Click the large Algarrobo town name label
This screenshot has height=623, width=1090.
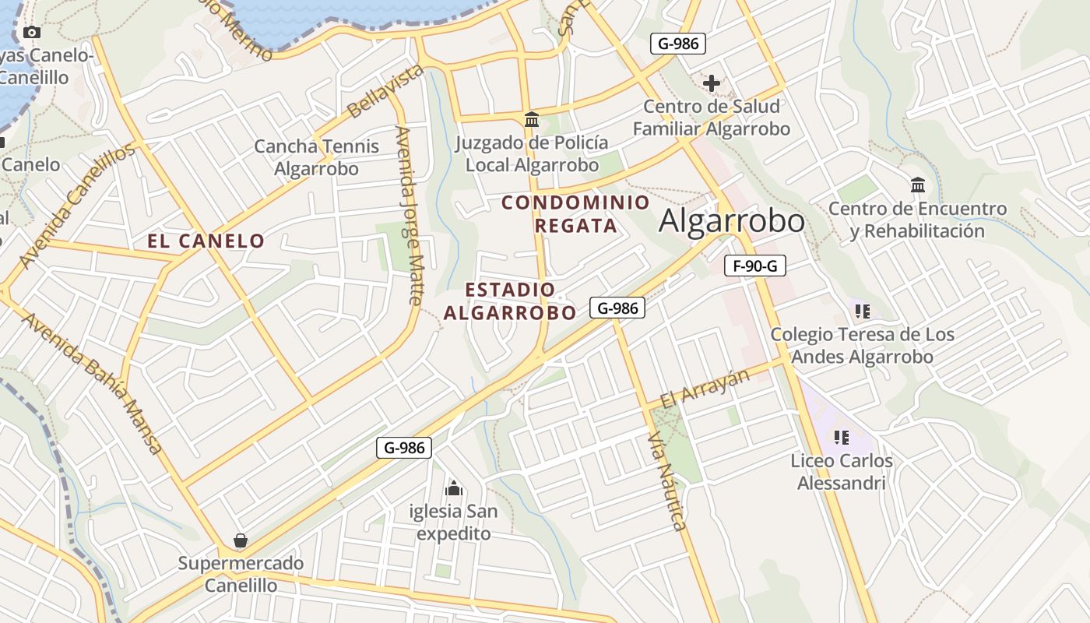(731, 221)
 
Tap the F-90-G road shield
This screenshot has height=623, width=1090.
(754, 266)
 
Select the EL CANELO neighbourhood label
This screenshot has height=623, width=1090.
(206, 241)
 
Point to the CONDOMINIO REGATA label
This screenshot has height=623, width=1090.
(575, 214)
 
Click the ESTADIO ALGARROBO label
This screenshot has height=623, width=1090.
(510, 301)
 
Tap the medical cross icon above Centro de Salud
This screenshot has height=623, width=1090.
(711, 83)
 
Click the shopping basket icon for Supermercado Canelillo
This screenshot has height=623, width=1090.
(241, 540)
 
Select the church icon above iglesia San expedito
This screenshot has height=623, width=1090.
(454, 489)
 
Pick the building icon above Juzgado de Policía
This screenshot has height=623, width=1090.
(533, 119)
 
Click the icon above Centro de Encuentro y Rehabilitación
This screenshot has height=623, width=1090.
(918, 185)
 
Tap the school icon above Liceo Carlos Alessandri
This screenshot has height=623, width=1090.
(841, 437)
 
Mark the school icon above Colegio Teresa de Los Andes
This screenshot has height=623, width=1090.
(862, 311)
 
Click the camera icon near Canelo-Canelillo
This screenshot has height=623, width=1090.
(32, 32)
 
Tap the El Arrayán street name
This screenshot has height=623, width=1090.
(705, 389)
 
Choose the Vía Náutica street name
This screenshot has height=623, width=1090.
(667, 483)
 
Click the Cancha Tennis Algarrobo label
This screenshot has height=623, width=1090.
(317, 157)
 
